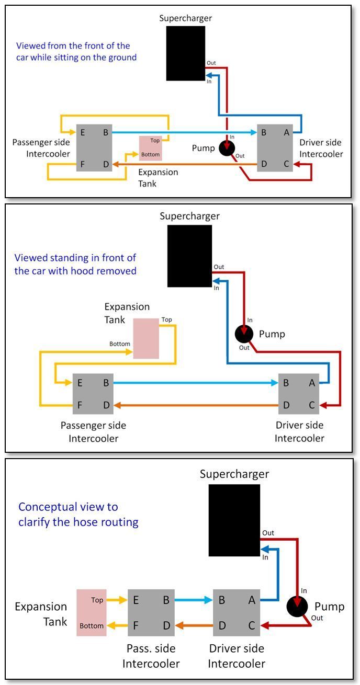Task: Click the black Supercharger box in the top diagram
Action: pos(186,53)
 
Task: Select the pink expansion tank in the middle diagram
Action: pos(146,338)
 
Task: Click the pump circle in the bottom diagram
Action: pos(297,607)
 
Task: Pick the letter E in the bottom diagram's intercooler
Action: pos(136,600)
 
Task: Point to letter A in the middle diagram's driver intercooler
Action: pos(312,383)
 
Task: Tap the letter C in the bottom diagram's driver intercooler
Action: pos(252,625)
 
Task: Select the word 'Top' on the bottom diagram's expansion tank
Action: pos(97,600)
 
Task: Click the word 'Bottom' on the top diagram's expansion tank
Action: pos(151,155)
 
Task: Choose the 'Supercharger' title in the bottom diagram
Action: pos(234,474)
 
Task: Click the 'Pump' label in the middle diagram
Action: pos(272,334)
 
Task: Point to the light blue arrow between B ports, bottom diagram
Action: pos(193,600)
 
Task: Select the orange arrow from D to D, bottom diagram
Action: pos(193,625)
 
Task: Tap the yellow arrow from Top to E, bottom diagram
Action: pos(117,600)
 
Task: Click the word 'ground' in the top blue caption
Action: pos(122,58)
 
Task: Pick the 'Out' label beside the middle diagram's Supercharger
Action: pos(219,267)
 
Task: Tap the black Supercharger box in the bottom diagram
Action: pos(234,520)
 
